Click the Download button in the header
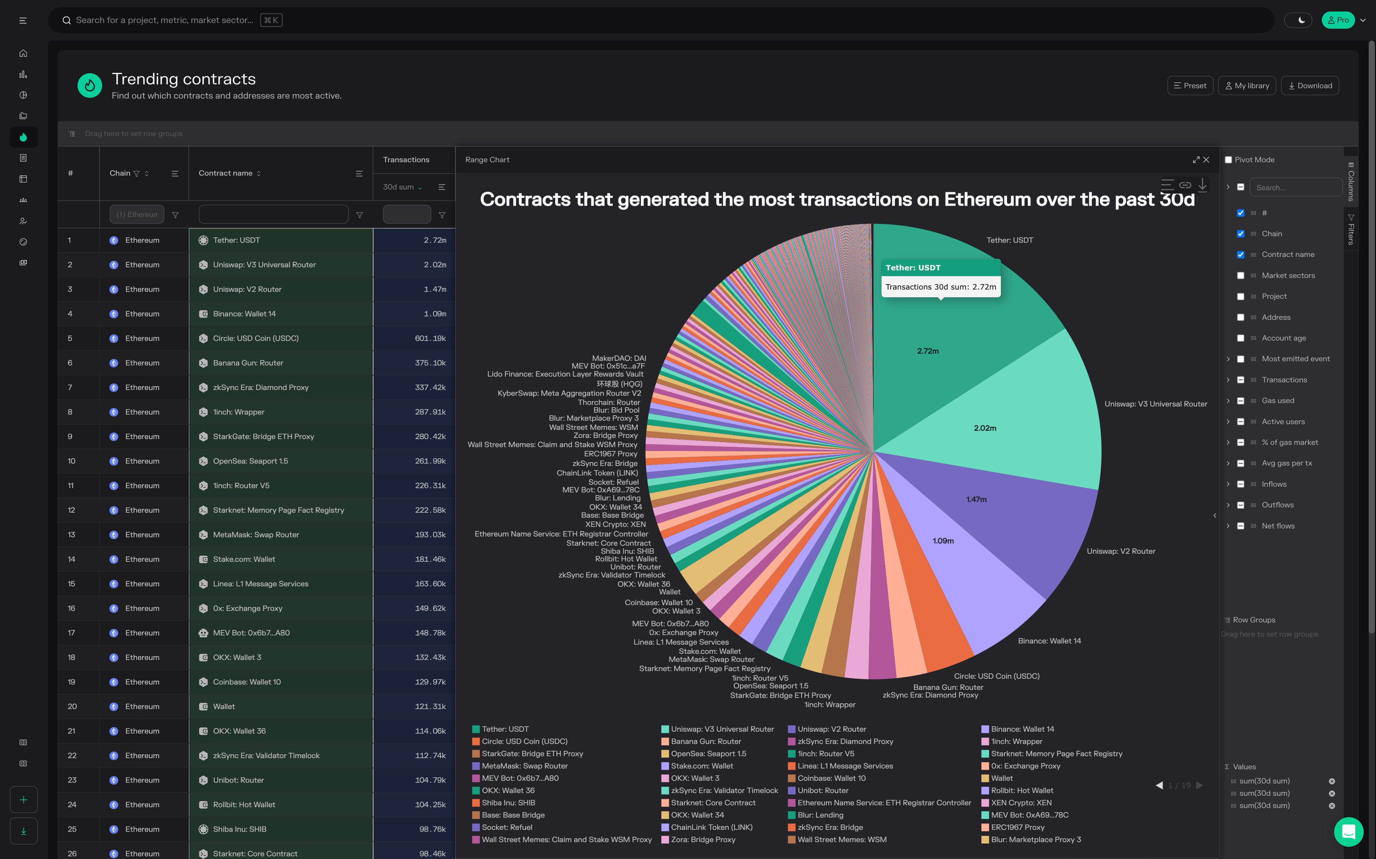[1310, 86]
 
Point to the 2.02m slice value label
[985, 428]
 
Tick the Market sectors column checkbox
[1241, 276]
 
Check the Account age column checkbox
[1241, 338]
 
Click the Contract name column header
[226, 173]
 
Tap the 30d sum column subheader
[399, 187]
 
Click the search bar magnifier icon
[66, 20]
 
